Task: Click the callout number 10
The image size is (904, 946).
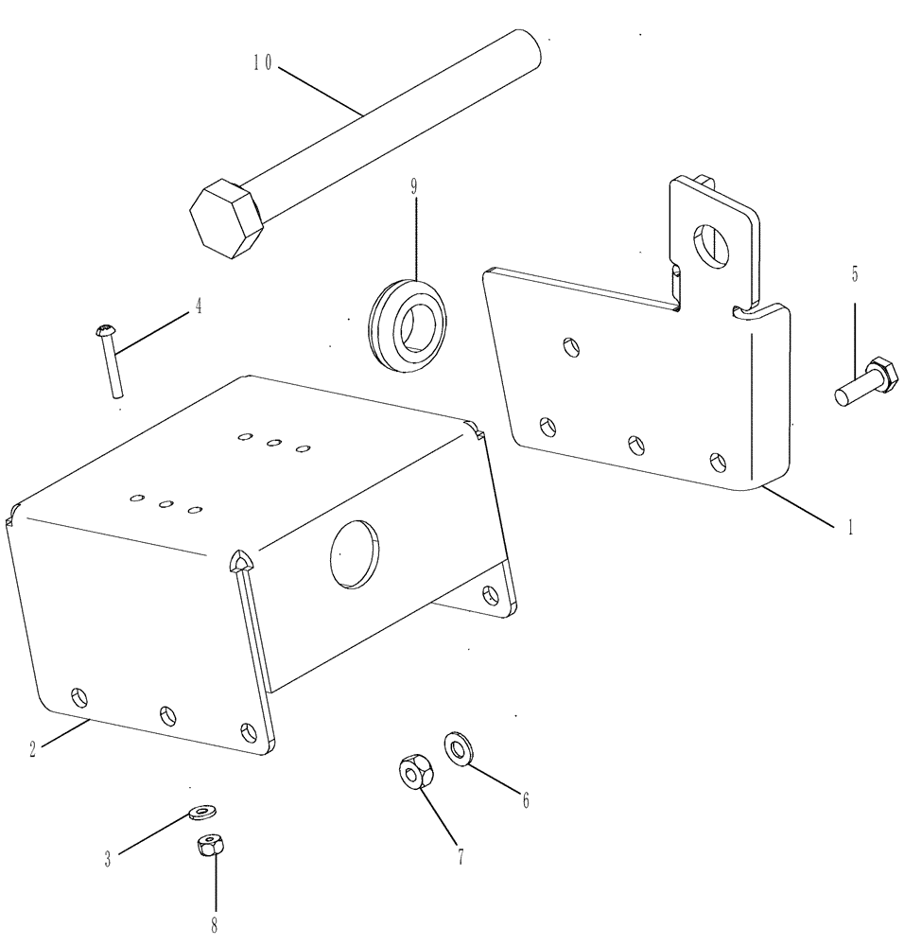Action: click(x=261, y=63)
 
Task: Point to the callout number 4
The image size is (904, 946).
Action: click(x=198, y=306)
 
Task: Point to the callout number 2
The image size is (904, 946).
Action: click(x=33, y=749)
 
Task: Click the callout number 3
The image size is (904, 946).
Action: click(x=108, y=859)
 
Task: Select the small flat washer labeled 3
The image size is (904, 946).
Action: click(x=201, y=811)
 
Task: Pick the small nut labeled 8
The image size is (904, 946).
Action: click(x=210, y=845)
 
